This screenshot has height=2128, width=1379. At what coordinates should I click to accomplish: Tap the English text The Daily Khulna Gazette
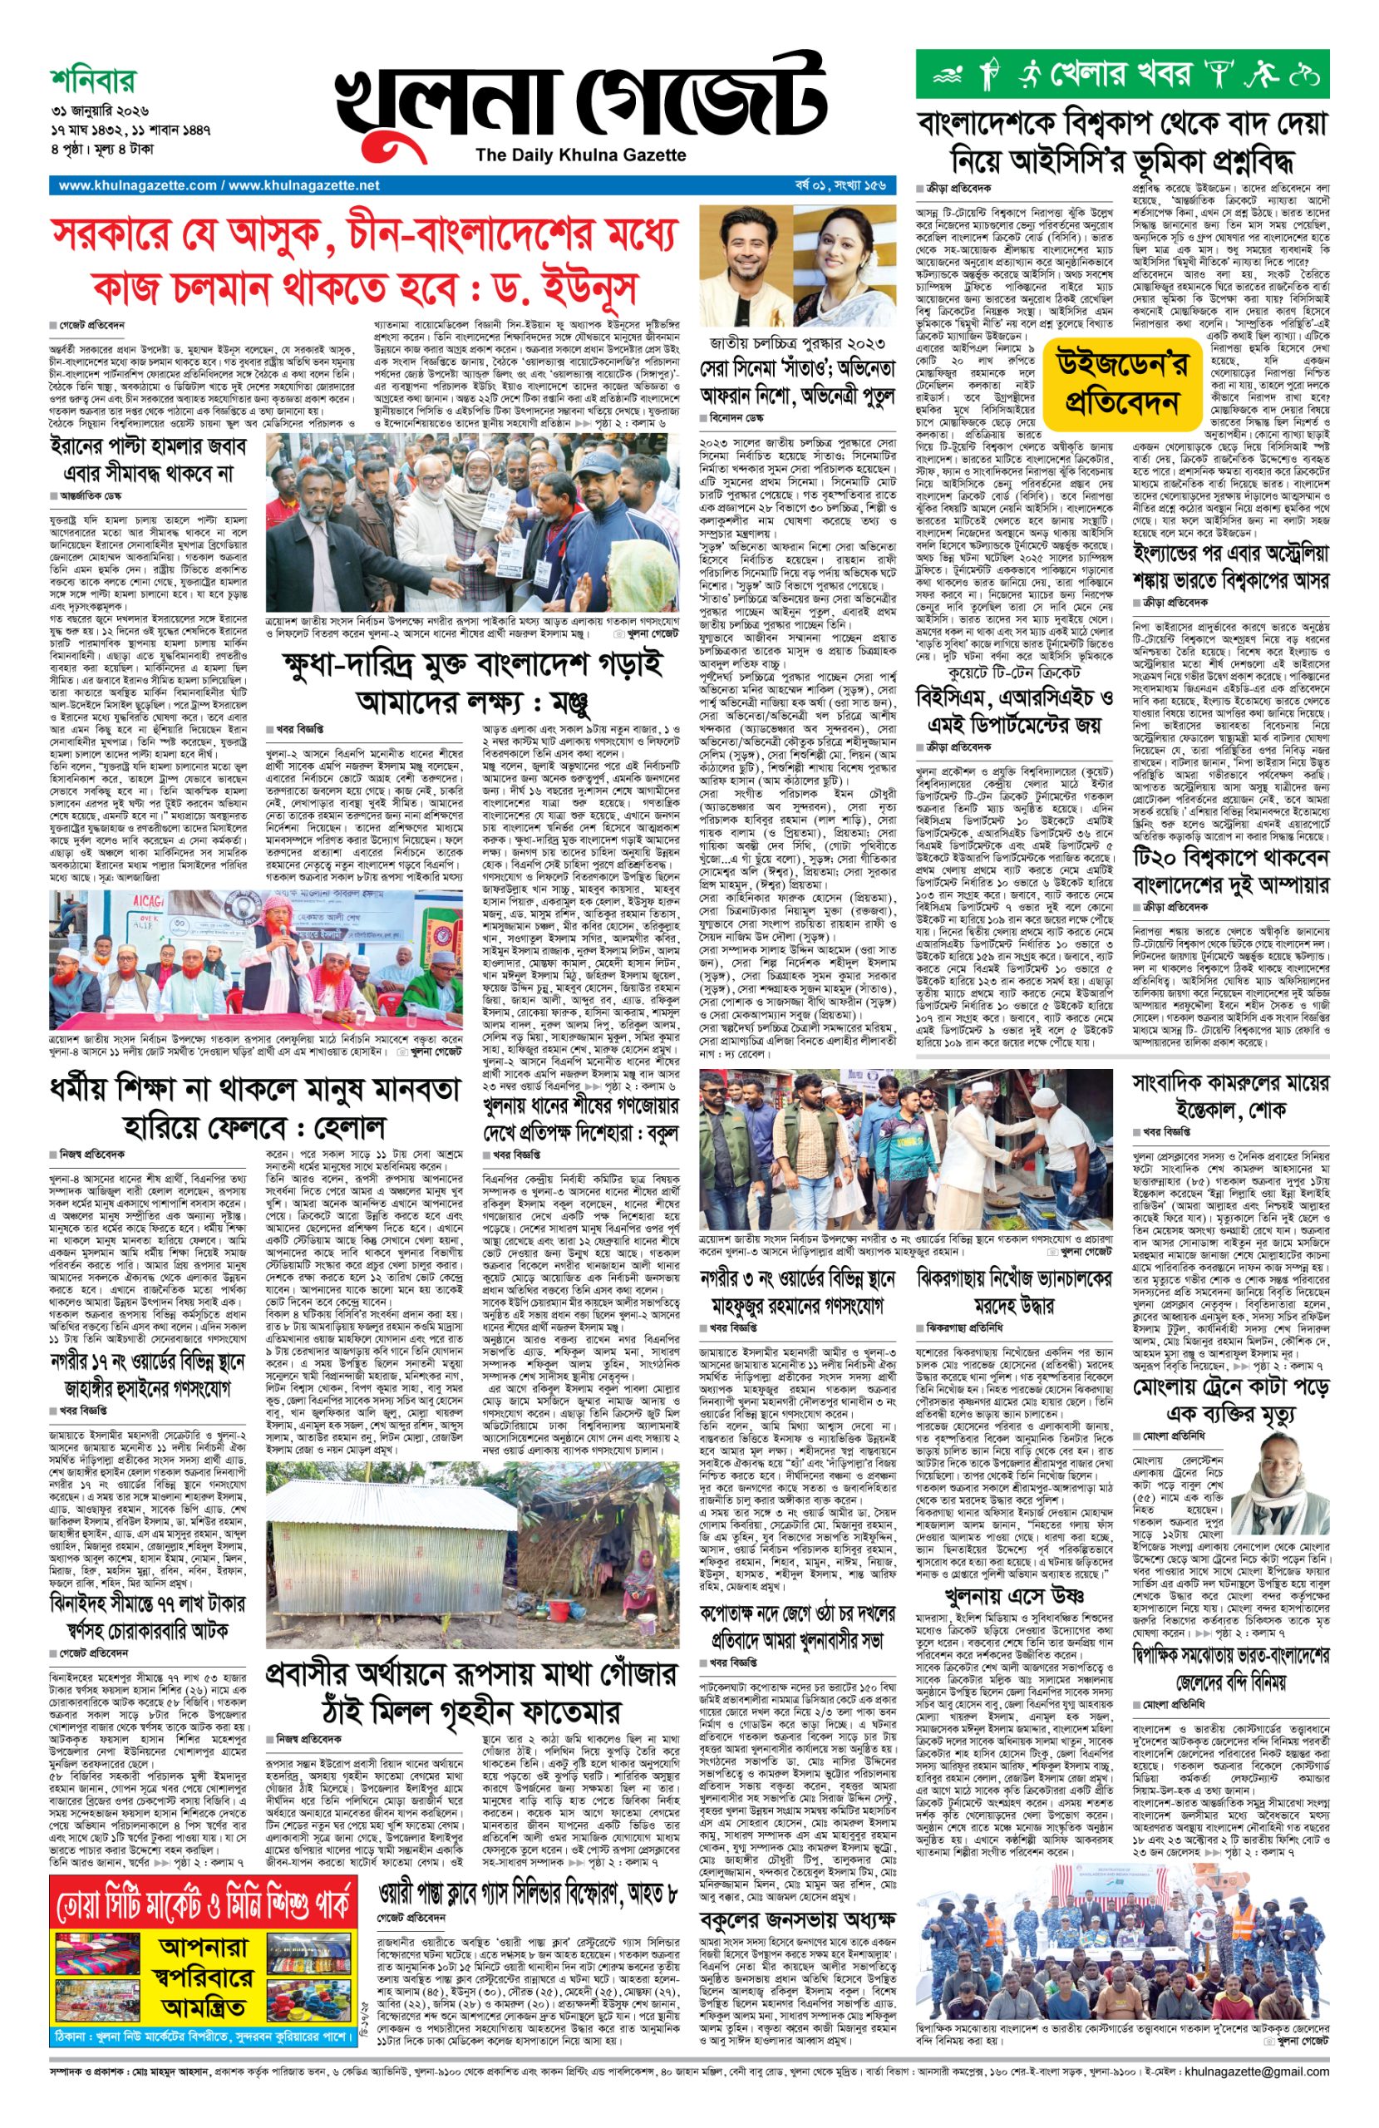580,155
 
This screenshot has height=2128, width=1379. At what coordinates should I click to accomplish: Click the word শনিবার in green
93,82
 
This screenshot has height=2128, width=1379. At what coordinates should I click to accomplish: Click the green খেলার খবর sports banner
1121,73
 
